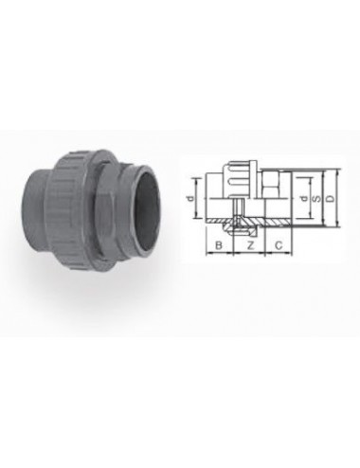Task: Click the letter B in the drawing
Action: tap(218, 243)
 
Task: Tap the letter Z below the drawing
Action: tap(248, 243)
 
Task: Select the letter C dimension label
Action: tap(278, 243)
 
